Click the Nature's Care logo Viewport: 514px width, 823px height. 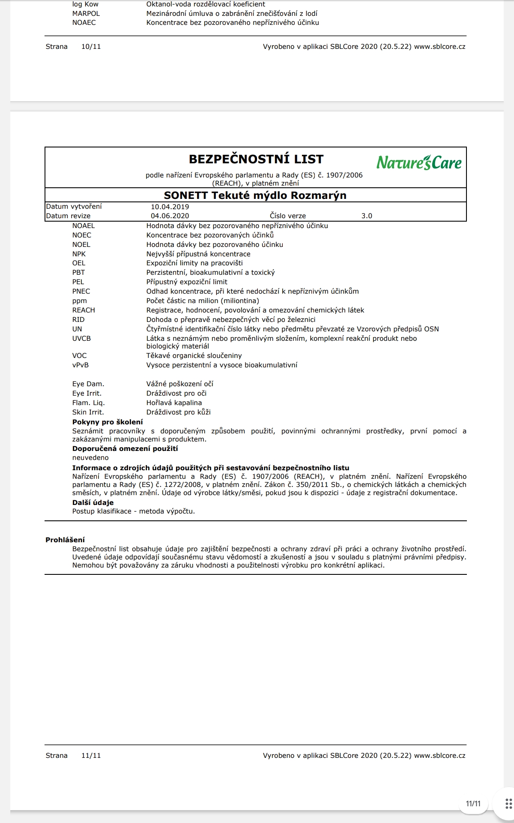(x=419, y=162)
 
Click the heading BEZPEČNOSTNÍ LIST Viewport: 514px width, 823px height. (x=256, y=159)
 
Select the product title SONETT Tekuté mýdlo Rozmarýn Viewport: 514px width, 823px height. (x=255, y=195)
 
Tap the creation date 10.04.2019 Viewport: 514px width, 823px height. (x=170, y=207)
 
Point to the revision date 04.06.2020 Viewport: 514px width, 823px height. (x=170, y=216)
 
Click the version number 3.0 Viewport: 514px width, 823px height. (x=367, y=216)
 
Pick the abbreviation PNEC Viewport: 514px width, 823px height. (x=81, y=291)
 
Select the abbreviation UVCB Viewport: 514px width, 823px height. (x=81, y=339)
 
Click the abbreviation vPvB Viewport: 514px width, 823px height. (x=81, y=365)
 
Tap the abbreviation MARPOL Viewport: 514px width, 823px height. (x=86, y=13)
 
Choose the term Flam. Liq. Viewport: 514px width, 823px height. (x=88, y=403)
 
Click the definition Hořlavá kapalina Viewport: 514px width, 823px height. (x=174, y=403)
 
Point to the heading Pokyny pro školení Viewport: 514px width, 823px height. (x=108, y=422)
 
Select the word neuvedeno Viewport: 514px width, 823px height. (x=90, y=458)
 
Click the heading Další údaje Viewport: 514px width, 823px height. (x=93, y=503)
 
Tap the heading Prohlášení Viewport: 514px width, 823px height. (x=65, y=540)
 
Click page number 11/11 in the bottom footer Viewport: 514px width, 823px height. (x=91, y=756)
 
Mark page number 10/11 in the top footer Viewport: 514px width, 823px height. (x=91, y=47)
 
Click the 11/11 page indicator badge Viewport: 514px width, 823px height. (x=473, y=804)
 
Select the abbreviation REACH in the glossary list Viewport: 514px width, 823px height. (x=84, y=310)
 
